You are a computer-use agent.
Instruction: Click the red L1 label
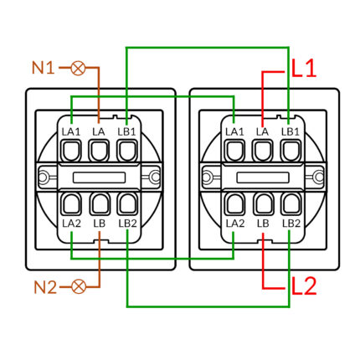pos(304,69)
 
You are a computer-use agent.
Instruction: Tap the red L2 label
pos(304,285)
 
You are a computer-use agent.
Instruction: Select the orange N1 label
pos(43,68)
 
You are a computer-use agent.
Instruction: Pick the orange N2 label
pos(45,287)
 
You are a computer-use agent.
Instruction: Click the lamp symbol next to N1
pos(78,68)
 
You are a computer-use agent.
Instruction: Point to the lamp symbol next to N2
pos(79,286)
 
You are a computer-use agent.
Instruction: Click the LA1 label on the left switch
pos(71,131)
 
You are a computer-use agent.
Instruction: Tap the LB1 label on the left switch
pos(126,131)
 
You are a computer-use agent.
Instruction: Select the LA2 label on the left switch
pos(71,224)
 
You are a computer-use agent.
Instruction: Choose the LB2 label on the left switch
pos(127,224)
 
